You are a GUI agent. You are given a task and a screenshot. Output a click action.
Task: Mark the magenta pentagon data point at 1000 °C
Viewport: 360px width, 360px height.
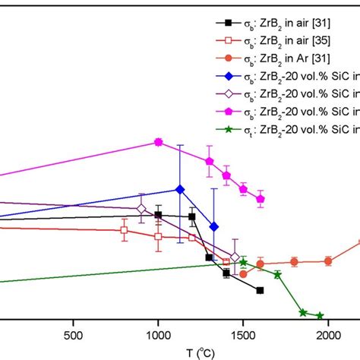click(158, 142)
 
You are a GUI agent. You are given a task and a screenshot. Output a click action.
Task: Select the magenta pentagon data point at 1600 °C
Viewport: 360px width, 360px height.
click(261, 199)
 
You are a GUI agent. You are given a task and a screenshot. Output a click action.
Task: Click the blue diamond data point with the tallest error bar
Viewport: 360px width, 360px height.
click(179, 189)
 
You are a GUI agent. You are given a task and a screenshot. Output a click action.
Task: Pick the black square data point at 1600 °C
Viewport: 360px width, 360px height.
click(260, 290)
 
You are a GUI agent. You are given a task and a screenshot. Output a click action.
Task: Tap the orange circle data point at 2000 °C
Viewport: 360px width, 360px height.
click(328, 261)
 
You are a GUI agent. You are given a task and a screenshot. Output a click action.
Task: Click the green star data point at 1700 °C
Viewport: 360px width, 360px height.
click(277, 274)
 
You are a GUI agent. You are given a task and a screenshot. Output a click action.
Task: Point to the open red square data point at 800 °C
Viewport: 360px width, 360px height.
click(124, 230)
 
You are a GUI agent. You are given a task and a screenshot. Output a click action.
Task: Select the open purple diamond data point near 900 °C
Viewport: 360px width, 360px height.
click(141, 208)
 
